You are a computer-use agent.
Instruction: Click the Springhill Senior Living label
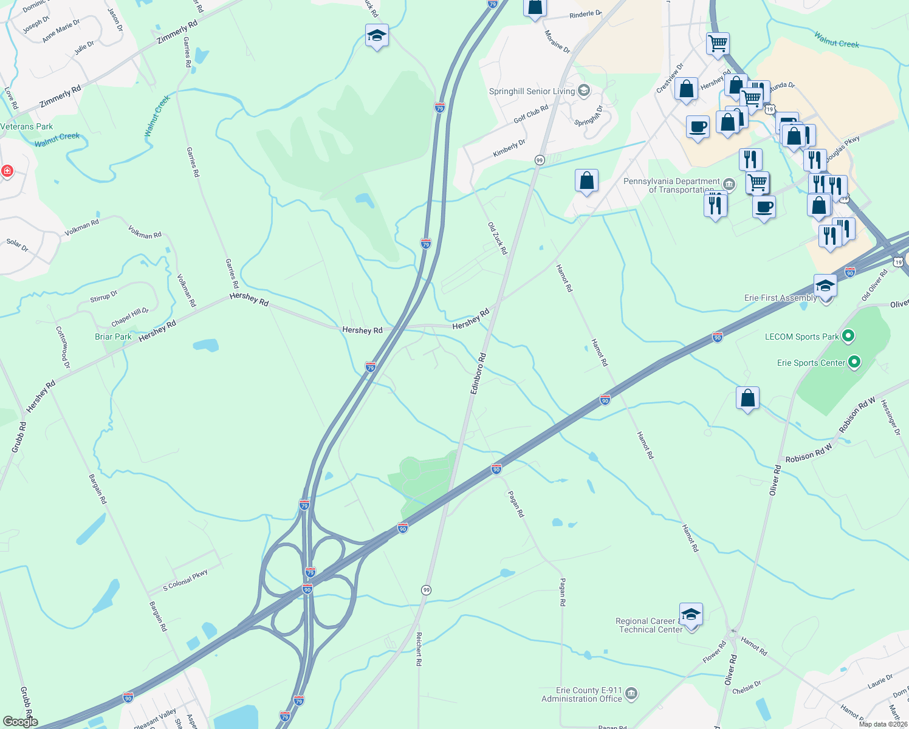(532, 92)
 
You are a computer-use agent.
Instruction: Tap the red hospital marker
(7, 171)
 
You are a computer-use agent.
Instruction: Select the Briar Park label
(113, 337)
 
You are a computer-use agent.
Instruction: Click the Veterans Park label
(27, 127)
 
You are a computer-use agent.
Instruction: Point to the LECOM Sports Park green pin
(849, 335)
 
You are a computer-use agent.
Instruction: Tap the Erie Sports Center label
(811, 363)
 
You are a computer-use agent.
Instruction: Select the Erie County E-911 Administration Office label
(581, 695)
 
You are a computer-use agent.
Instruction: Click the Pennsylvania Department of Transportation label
(671, 185)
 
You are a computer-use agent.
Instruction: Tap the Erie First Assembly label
(781, 298)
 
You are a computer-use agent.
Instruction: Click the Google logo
(20, 722)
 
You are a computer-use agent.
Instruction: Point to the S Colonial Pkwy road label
(185, 581)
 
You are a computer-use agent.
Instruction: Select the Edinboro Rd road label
(478, 373)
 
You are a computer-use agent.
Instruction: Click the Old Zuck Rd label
(497, 238)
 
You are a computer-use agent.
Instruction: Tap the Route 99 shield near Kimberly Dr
(540, 160)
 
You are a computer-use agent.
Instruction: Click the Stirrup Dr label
(104, 297)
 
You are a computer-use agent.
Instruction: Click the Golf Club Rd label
(530, 114)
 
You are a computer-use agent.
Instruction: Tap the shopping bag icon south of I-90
(747, 399)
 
